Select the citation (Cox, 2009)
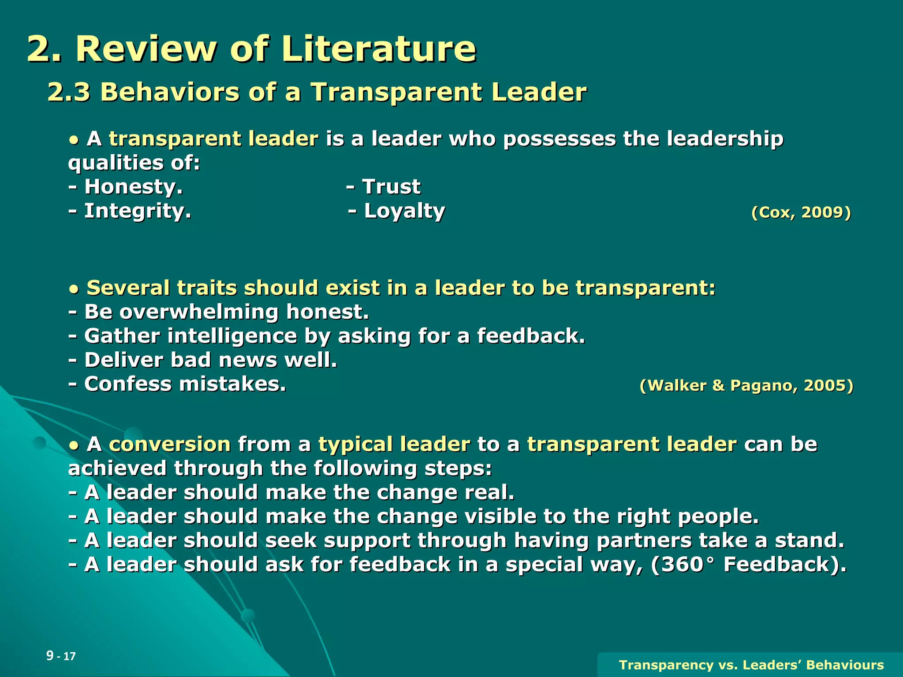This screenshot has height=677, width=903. (x=801, y=212)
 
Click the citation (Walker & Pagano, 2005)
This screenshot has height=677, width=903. (x=746, y=386)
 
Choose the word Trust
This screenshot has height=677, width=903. (x=392, y=186)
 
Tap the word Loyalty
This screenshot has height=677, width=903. (x=404, y=211)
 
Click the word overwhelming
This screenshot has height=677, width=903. (x=199, y=312)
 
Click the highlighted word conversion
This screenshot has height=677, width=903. (x=170, y=444)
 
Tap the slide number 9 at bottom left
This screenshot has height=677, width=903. (x=50, y=655)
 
